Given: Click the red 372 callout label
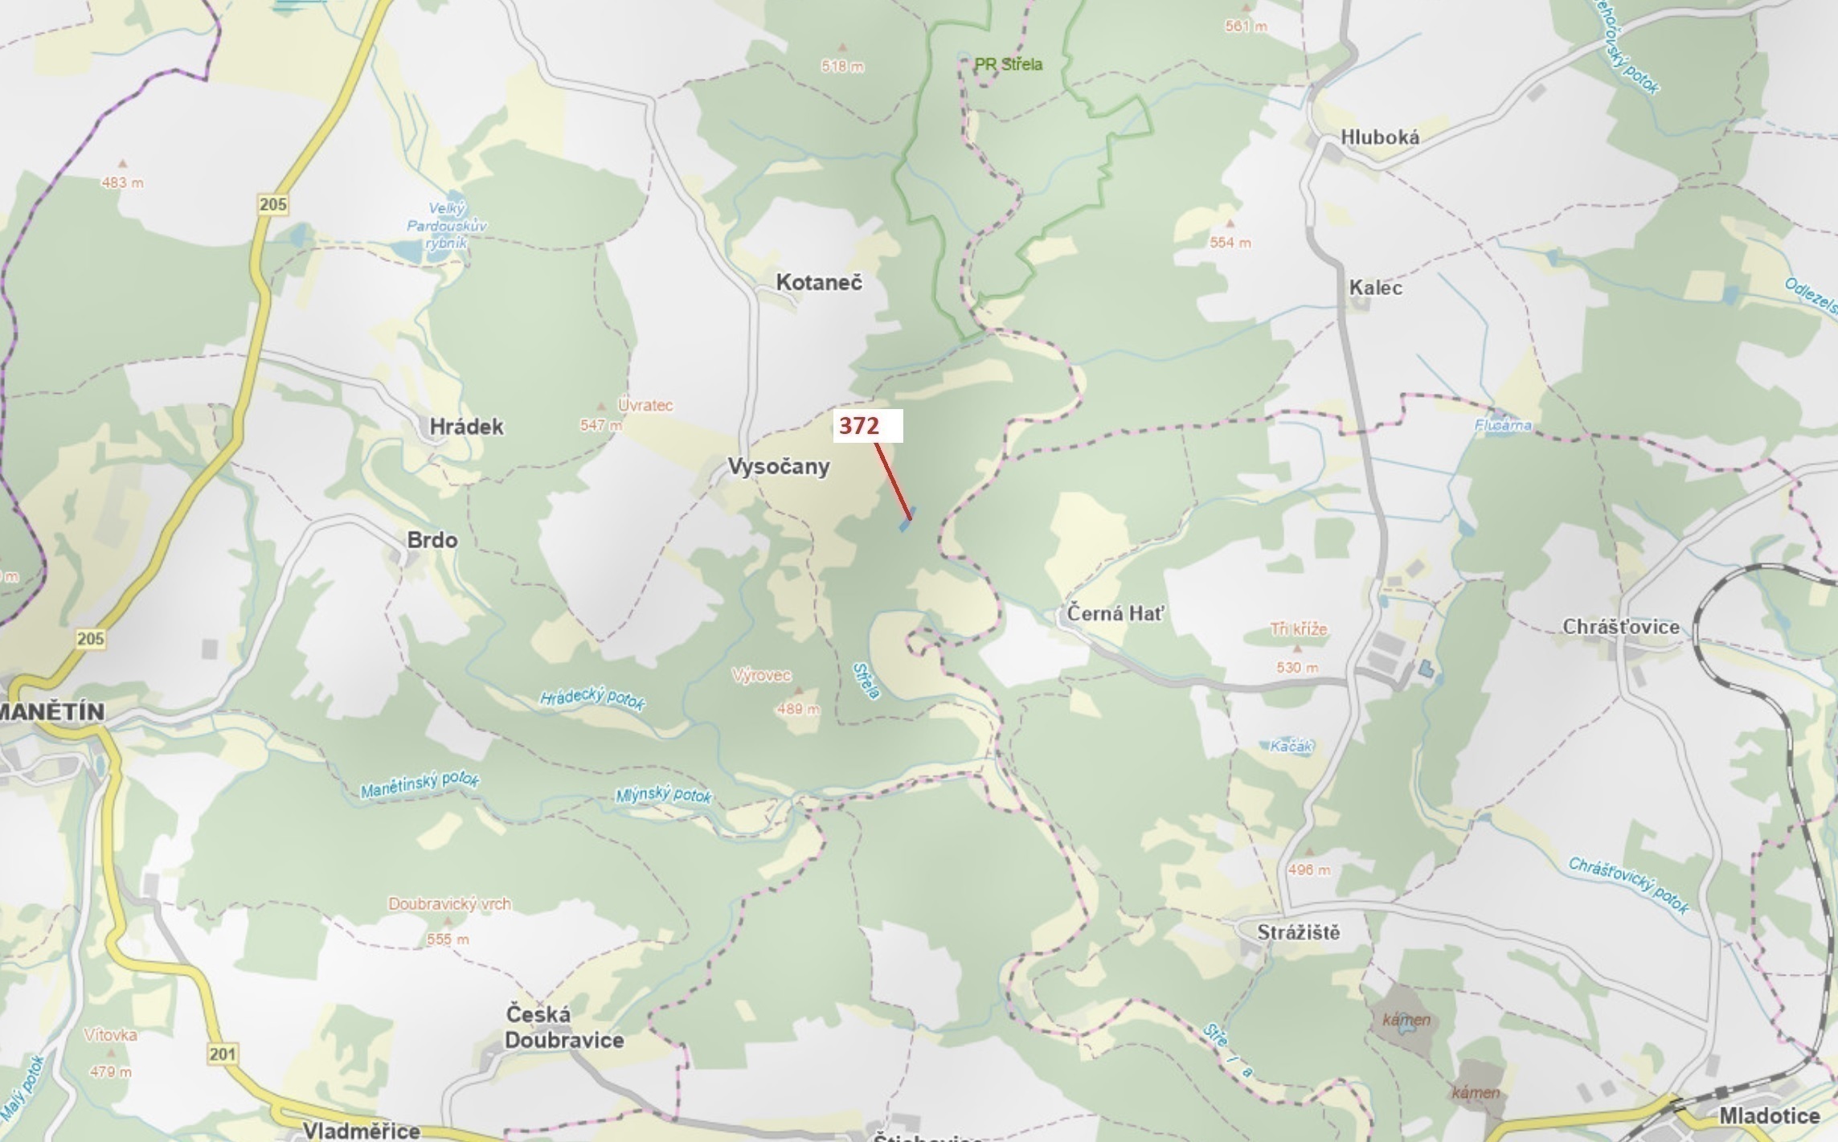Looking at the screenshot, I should [859, 426].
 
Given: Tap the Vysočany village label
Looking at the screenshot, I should [778, 466].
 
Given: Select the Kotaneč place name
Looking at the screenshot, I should [818, 282].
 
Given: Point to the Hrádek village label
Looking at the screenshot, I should [466, 427].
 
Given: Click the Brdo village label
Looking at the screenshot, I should [432, 539].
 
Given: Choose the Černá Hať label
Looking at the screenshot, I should [1115, 614].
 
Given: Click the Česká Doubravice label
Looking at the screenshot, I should [563, 1027].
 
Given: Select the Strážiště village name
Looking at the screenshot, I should [1298, 932].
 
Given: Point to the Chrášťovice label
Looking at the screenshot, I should [1620, 627].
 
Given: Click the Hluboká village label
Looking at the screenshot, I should [1379, 137].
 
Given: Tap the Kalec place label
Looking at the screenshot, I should [1375, 288].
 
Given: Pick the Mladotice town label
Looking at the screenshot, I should [1769, 1115].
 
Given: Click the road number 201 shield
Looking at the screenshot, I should [223, 1054].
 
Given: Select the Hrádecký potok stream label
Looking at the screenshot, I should [592, 698].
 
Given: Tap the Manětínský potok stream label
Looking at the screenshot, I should [420, 785].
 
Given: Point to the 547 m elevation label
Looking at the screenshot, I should [601, 425].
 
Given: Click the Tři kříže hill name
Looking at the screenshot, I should [1299, 629].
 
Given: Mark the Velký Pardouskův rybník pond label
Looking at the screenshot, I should [446, 227].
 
